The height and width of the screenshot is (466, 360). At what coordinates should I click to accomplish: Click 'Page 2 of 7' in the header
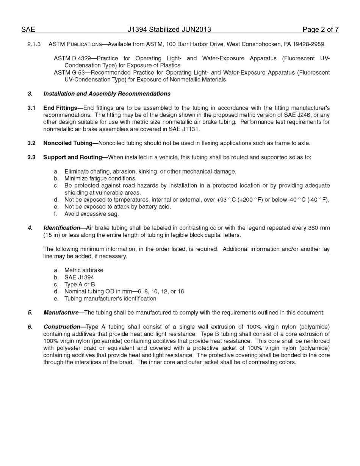320,30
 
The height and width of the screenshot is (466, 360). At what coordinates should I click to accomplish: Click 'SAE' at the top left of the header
28,30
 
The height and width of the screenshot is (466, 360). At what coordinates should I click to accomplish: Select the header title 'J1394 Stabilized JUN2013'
169,30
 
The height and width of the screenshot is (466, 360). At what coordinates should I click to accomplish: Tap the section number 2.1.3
34,44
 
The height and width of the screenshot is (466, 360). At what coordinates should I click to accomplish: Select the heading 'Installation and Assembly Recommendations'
106,94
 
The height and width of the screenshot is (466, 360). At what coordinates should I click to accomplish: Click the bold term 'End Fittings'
60,108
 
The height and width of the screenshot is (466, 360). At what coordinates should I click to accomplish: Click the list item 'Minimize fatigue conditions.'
100,178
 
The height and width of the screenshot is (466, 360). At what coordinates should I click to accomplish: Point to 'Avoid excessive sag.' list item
91,214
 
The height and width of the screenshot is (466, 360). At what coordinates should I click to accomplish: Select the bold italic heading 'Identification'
62,228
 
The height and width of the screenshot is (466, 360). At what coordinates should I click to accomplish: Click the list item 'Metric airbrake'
84,271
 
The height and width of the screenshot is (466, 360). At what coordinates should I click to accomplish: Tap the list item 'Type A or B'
80,285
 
